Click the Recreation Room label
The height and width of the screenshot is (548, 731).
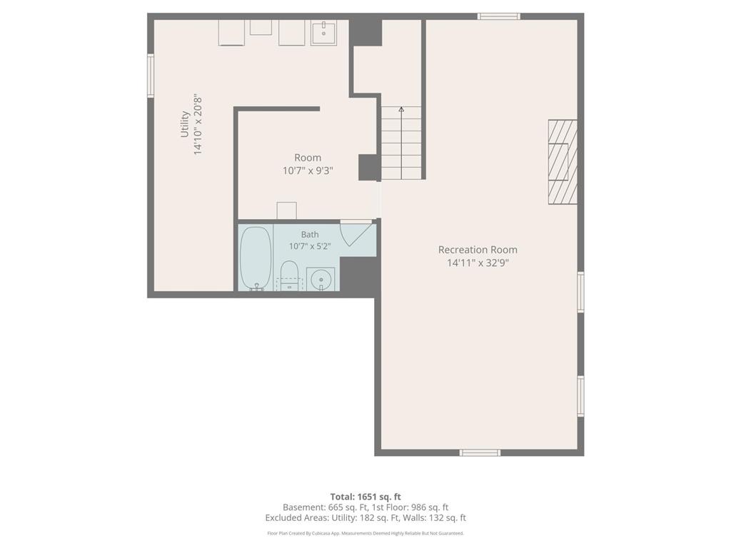pos(478,250)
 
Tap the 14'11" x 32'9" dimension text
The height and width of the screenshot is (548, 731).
pos(478,263)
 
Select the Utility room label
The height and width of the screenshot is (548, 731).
pos(185,124)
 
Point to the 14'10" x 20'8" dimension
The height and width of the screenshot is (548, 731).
pos(198,125)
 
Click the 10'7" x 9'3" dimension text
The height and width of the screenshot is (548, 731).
pos(308,171)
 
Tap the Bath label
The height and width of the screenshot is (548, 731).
pos(310,234)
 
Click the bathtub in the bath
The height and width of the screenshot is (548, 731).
pos(256,258)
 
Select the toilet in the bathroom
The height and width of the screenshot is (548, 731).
pos(289,275)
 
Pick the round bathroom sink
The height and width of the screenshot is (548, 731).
pos(321,279)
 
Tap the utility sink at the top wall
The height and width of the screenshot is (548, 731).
pos(323,32)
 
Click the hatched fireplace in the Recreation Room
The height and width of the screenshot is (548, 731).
pos(563,162)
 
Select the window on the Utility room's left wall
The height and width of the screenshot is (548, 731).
pos(151,76)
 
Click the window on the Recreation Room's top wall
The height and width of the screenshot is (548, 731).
pos(498,16)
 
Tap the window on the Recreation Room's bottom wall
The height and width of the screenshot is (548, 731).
pos(480,452)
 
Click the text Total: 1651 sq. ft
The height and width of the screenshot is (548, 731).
pos(365,497)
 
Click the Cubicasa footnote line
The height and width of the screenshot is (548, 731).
pos(365,533)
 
